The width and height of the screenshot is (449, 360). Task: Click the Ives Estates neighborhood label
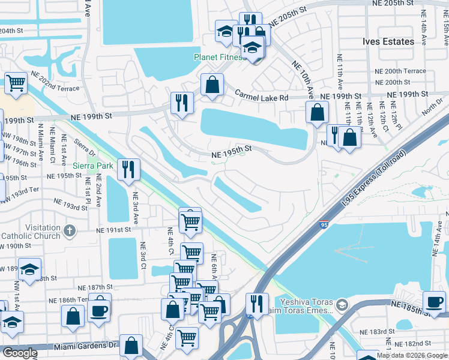[x=388, y=41]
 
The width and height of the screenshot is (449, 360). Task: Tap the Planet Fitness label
[x=219, y=58]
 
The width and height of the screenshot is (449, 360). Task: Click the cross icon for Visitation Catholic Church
[x=70, y=230]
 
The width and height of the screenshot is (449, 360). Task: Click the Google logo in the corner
[x=20, y=353]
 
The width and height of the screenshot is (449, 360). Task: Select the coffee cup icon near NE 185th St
[x=434, y=302]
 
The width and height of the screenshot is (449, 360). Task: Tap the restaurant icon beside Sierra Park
[x=128, y=169]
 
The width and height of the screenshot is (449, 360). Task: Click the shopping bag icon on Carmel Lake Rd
[x=212, y=85]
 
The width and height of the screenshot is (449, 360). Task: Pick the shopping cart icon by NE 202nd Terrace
[x=16, y=83]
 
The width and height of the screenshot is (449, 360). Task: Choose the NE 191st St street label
[x=115, y=230]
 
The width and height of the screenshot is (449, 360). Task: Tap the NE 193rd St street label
[x=71, y=206]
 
